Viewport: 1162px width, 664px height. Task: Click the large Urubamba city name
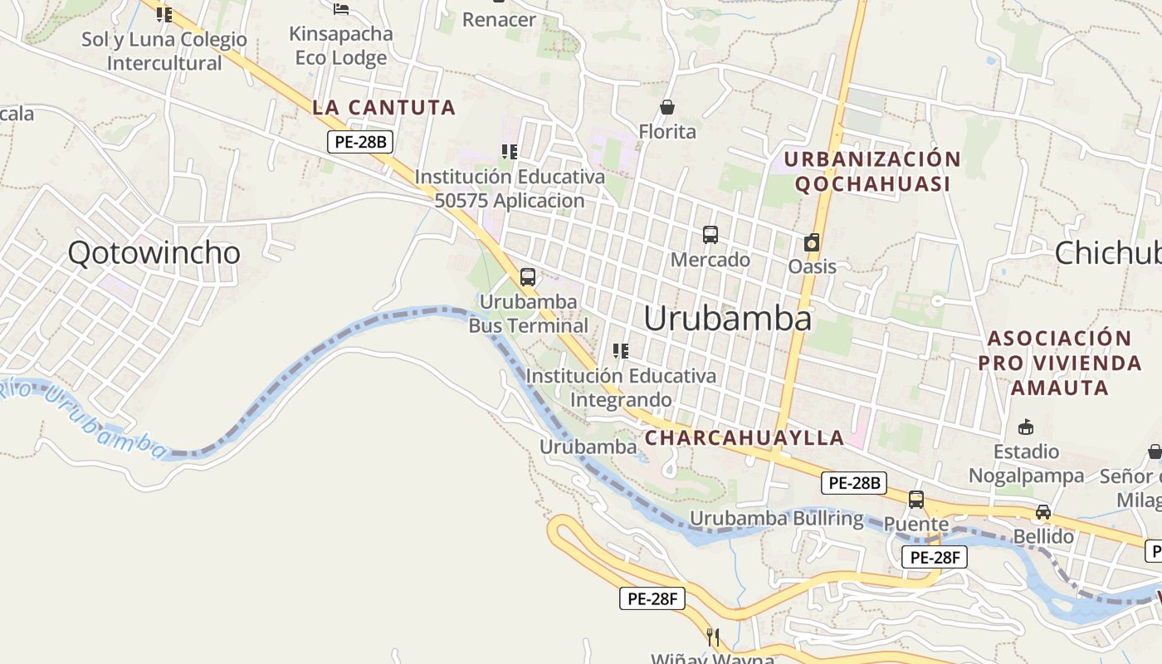coord(727,319)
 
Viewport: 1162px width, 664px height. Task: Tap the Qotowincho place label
coord(154,252)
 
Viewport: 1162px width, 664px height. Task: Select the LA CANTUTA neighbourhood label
coord(384,107)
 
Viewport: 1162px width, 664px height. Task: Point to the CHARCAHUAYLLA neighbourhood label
coord(745,437)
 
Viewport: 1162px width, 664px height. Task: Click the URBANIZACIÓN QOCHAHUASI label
coord(872,171)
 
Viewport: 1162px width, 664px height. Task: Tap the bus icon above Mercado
coord(710,235)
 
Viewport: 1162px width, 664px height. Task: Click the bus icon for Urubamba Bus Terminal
coord(528,277)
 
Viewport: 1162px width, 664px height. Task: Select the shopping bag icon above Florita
coord(666,107)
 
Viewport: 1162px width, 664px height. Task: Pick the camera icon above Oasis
coord(812,242)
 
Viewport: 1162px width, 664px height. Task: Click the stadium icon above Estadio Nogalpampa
coord(1026,427)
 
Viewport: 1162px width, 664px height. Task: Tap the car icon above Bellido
coord(1043,512)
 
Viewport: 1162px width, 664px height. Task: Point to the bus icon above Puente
coord(916,500)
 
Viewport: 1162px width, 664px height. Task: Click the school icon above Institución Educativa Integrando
coord(620,351)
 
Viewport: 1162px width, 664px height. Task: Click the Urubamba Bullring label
coord(777,519)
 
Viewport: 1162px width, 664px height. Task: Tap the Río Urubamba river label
coord(83,419)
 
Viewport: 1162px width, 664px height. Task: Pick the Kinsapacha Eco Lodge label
coord(341,46)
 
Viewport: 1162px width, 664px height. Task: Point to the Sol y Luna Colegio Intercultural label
coord(164,51)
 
